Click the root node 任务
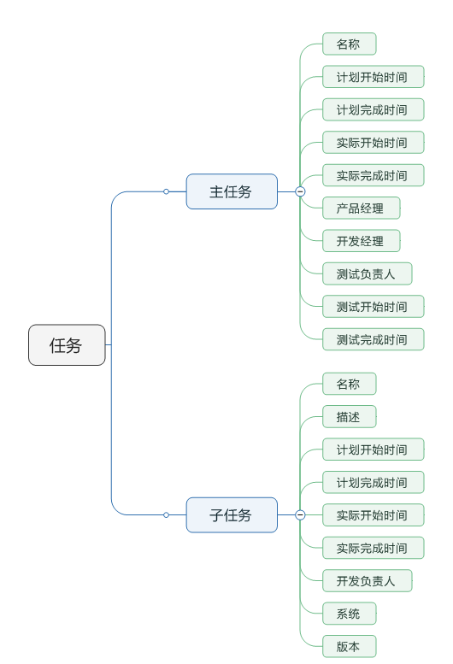pos(67,345)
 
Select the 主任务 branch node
pos(232,191)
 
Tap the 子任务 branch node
pos(232,515)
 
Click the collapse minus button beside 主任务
pos(300,191)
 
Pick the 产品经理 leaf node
pos(361,209)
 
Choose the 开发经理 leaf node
pos(361,241)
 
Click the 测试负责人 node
pos(367,273)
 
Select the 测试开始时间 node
pos(373,307)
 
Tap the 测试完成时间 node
pos(373,339)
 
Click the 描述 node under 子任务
pos(349,417)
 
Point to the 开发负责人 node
pos(367,581)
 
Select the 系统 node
pos(349,614)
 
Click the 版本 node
pos(349,646)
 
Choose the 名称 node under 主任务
pos(349,44)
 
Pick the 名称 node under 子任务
pos(349,384)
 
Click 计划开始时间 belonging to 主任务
pos(373,77)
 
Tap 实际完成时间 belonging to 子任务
pos(373,548)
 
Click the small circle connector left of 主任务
pos(166,191)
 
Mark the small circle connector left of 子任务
pos(166,515)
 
